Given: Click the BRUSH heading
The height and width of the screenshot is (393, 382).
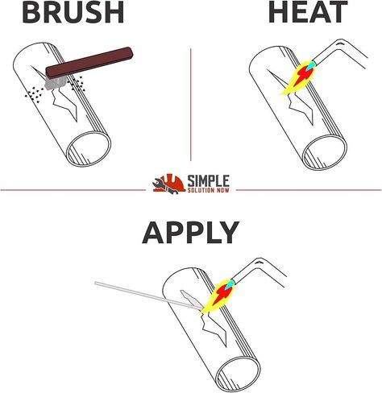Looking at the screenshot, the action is (x=73, y=11).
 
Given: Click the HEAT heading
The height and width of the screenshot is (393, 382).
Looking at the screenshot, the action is (x=308, y=11).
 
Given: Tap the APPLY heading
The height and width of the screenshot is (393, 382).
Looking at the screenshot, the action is (x=190, y=233).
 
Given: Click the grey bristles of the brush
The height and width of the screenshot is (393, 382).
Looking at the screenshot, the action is (x=56, y=83).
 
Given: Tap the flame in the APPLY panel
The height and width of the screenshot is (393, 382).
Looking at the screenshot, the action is (x=218, y=296).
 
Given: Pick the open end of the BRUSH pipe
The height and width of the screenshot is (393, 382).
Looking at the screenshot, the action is (x=89, y=149).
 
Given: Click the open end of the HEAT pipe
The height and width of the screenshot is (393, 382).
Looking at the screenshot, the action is (x=325, y=152).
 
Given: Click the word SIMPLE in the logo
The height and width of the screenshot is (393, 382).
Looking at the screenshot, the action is (x=208, y=180).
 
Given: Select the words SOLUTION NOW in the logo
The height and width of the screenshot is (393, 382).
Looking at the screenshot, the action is (x=208, y=190).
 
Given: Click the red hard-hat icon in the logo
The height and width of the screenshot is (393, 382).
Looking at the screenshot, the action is (x=169, y=184).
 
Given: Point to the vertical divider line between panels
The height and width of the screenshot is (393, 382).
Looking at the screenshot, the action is (x=191, y=105).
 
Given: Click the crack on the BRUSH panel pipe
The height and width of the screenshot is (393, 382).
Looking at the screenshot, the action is (x=64, y=102).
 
